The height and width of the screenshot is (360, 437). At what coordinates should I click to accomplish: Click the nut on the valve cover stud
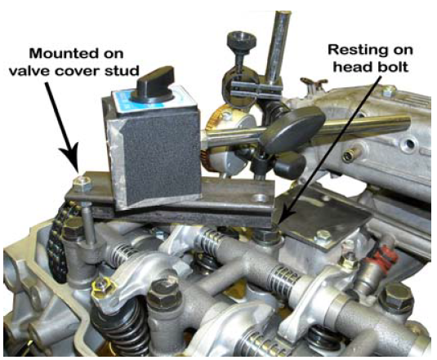(x=82, y=183)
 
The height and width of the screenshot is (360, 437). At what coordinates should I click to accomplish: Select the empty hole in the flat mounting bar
(x=260, y=199)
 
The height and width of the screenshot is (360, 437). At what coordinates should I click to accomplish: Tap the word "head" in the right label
(x=350, y=67)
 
